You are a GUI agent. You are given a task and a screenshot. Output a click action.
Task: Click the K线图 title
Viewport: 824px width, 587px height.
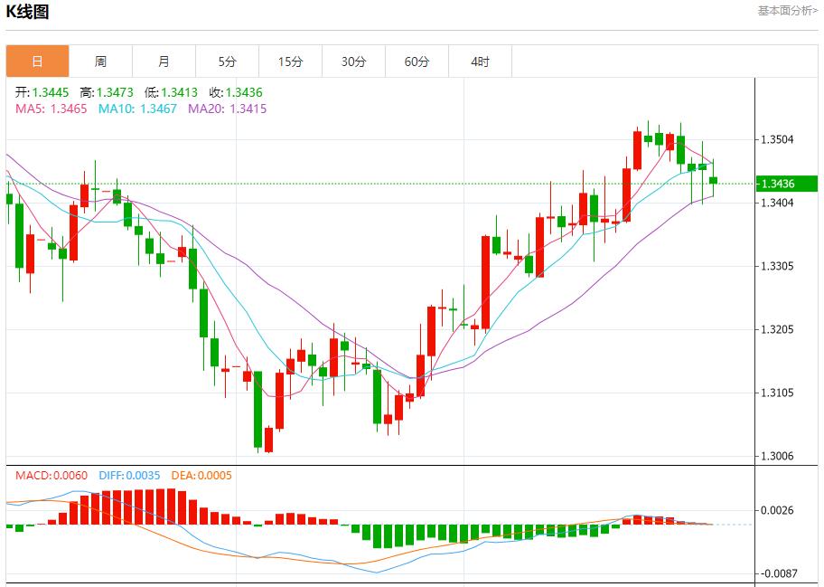coord(28,12)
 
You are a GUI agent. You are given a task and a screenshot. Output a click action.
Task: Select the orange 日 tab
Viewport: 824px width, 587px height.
coord(37,62)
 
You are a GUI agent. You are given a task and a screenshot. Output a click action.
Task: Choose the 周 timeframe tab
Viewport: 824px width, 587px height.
coord(100,62)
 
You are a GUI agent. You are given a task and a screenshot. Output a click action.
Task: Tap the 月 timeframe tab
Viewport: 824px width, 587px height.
coord(164,62)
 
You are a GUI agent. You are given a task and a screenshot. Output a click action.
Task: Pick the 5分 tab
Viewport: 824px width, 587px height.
coord(227,62)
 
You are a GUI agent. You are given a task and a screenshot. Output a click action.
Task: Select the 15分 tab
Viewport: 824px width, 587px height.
coord(290,62)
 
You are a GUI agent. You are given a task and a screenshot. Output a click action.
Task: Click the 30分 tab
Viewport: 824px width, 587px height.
coord(353,62)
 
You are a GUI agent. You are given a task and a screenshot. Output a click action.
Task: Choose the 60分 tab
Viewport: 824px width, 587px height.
coord(417,62)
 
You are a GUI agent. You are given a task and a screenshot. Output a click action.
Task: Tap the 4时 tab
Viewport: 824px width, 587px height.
coord(480,62)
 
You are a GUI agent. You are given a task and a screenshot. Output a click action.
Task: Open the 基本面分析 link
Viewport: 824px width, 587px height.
coord(786,11)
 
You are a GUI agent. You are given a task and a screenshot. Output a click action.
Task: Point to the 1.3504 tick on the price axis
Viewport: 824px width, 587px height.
coord(778,139)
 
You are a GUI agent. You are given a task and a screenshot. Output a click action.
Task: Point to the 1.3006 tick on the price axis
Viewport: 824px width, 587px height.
coord(778,456)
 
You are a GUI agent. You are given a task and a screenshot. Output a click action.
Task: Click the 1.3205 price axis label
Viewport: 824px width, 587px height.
coord(778,329)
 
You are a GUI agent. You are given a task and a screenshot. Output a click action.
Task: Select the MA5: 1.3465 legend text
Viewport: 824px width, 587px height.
coord(51,109)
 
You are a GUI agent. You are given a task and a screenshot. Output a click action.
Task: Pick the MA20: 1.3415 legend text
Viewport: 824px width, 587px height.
coord(227,109)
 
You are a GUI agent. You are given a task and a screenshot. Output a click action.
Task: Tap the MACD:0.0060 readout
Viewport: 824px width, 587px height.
coord(51,475)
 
